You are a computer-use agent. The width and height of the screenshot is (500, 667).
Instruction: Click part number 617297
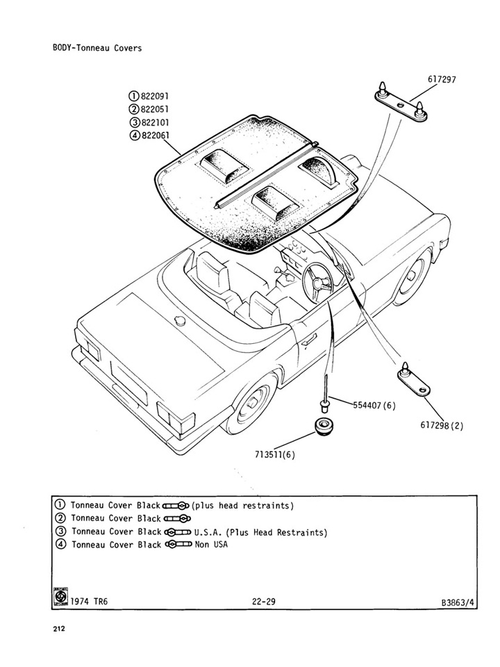442,79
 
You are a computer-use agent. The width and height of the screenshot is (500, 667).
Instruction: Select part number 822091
155,96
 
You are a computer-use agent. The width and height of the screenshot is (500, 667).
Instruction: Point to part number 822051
155,109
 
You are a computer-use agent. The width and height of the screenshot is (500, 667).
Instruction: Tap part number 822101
155,122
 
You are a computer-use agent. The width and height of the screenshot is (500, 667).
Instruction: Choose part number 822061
155,135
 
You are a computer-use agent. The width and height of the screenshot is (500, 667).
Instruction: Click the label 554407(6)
374,405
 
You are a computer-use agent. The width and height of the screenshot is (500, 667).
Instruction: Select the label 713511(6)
275,454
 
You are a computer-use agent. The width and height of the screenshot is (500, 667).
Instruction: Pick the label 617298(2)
442,425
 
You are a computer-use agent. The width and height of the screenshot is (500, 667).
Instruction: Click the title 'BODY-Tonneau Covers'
97,48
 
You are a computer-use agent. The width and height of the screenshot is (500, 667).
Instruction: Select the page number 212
59,629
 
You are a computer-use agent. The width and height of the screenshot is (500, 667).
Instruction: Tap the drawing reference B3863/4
458,602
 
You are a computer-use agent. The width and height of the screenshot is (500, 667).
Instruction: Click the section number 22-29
264,602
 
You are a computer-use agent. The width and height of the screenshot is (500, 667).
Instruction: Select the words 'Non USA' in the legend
211,544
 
